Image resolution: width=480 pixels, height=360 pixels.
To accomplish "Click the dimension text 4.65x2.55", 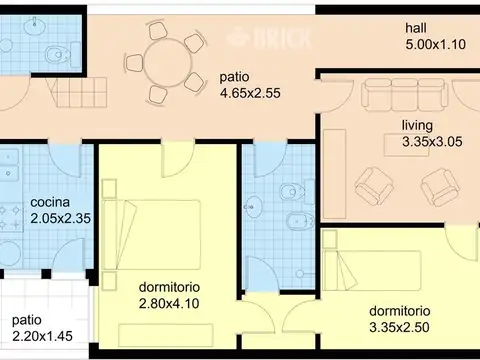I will (250, 92).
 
